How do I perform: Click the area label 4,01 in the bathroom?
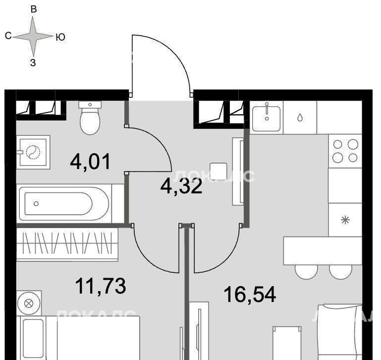tap(90, 162)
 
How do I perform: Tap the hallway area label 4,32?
tap(181, 186)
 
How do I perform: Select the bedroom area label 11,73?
tap(101, 286)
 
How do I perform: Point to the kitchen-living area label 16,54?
tap(250, 294)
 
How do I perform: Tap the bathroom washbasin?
tap(33, 152)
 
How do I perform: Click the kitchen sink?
tap(267, 118)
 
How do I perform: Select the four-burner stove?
tap(345, 151)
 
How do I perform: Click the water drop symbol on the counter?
tap(300, 118)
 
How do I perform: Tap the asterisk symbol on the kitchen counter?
tap(345, 220)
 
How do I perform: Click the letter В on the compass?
tap(34, 9)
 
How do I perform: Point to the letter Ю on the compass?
tap(60, 37)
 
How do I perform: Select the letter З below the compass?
tap(33, 62)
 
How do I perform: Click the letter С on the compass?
tap(8, 36)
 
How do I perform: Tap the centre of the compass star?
tap(33, 37)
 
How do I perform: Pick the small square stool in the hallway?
tap(218, 172)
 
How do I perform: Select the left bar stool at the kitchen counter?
tap(306, 272)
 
